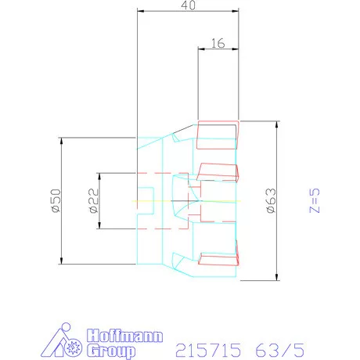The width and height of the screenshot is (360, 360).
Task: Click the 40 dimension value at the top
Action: point(188,5)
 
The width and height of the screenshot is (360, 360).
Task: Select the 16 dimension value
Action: point(218,43)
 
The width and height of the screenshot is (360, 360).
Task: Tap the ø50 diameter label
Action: point(56,200)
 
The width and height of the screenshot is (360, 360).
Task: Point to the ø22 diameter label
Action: point(94,200)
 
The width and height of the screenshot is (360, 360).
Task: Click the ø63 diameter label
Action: point(272,200)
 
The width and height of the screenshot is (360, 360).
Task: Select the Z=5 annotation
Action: point(315,200)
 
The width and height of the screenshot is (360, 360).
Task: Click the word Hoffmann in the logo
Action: point(124,336)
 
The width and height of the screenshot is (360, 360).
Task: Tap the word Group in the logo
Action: point(111,351)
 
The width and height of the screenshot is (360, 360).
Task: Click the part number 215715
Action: point(208,350)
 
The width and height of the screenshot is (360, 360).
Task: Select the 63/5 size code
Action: point(280,350)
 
